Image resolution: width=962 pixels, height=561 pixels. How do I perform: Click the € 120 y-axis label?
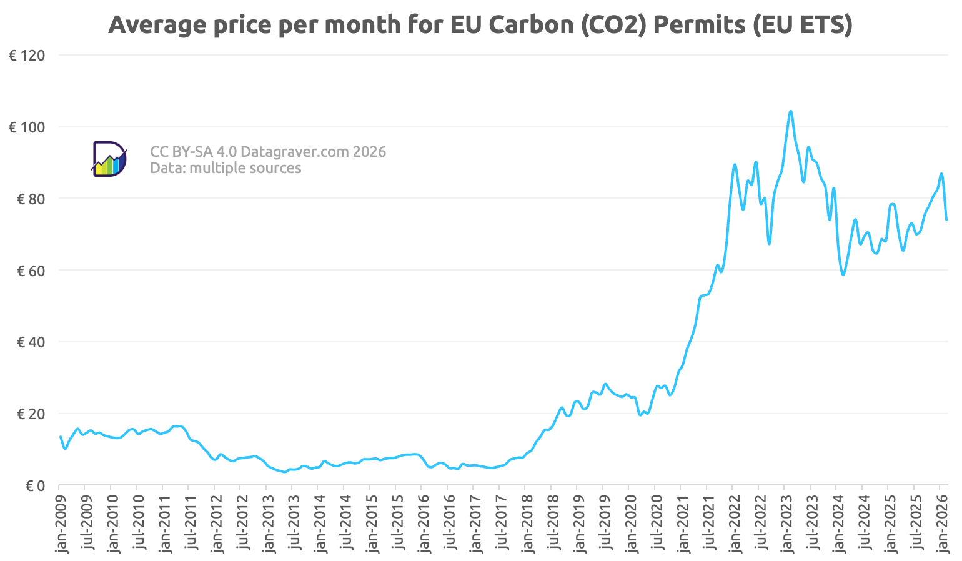click(27, 56)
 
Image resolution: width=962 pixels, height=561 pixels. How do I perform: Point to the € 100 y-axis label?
click(27, 127)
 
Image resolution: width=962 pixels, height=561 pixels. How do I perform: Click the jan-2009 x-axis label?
click(61, 524)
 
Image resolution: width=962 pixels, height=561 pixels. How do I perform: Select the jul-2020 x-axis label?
click(655, 524)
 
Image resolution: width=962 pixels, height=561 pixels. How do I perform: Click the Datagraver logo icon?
click(109, 159)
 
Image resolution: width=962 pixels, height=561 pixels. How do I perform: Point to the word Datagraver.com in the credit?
click(294, 152)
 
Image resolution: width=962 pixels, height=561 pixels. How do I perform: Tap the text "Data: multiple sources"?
click(226, 168)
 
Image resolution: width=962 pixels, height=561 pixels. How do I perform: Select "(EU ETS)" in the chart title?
click(802, 25)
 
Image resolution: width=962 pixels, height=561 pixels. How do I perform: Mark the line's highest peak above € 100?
click(790, 111)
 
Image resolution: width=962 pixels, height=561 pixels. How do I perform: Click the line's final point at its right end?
click(946, 220)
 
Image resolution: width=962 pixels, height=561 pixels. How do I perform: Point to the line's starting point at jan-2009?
click(60, 437)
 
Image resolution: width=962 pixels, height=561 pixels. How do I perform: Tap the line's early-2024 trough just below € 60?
click(843, 274)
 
